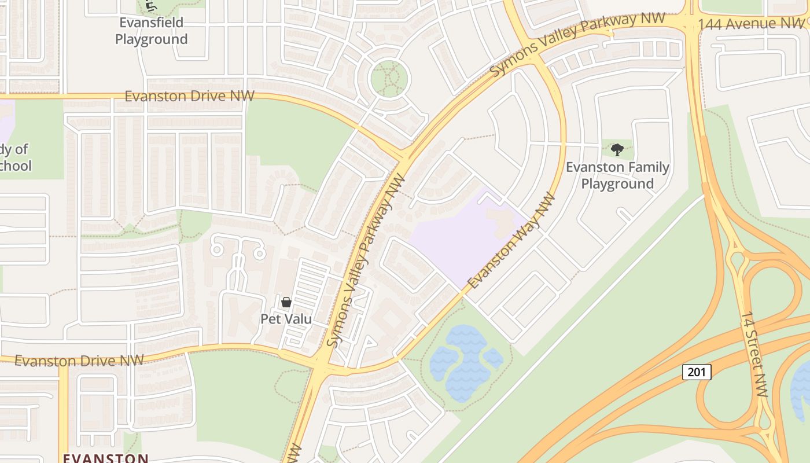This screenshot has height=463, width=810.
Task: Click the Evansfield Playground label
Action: point(152,31)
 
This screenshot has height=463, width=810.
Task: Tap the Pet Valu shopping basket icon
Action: point(286,302)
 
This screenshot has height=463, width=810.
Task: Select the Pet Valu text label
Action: point(286,319)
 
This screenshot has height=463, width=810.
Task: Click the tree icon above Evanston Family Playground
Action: point(617,150)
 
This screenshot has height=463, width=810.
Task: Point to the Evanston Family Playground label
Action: point(617,175)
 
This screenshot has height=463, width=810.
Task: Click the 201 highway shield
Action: point(697,372)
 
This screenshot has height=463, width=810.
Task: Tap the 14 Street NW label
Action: point(754,354)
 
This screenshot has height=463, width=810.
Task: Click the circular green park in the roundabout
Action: point(389,79)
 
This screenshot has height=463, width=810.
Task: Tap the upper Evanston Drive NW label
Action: point(189,95)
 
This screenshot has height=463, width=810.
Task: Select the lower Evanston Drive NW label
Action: point(79,361)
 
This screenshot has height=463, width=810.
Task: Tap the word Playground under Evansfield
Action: point(152,39)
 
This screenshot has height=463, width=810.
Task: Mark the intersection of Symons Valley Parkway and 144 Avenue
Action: point(689,23)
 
